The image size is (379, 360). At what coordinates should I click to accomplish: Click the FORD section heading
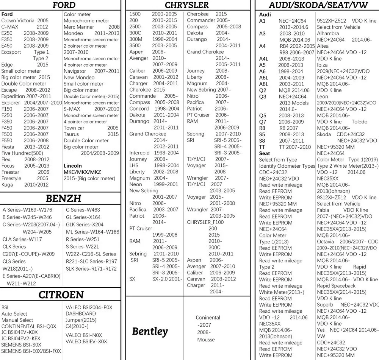[x=64, y=5]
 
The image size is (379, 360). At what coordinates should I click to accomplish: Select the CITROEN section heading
[x=61, y=295]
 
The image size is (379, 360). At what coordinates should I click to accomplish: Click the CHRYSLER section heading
[x=186, y=5]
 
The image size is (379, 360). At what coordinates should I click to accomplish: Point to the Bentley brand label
[x=150, y=331]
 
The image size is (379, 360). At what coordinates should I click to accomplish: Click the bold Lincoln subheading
[x=72, y=166]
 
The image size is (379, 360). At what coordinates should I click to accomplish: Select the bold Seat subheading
[x=265, y=153]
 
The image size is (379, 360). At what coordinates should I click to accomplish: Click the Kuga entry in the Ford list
[x=7, y=185]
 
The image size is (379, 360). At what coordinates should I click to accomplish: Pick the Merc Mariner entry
[x=79, y=27]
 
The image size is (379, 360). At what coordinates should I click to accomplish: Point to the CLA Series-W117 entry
[x=22, y=239]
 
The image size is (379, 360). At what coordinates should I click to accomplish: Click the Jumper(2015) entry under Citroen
[x=81, y=320]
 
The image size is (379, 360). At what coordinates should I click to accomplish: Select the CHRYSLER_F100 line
[x=205, y=222]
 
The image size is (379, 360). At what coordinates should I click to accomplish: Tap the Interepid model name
[x=139, y=153]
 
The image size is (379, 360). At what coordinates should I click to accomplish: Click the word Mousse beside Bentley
[x=206, y=340]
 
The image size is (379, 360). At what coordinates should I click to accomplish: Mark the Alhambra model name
[x=328, y=33]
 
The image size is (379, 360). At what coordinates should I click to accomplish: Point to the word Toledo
[x=359, y=122]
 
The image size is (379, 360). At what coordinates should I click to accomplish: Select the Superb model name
[x=325, y=305]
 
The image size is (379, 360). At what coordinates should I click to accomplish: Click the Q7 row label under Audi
[x=263, y=122]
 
